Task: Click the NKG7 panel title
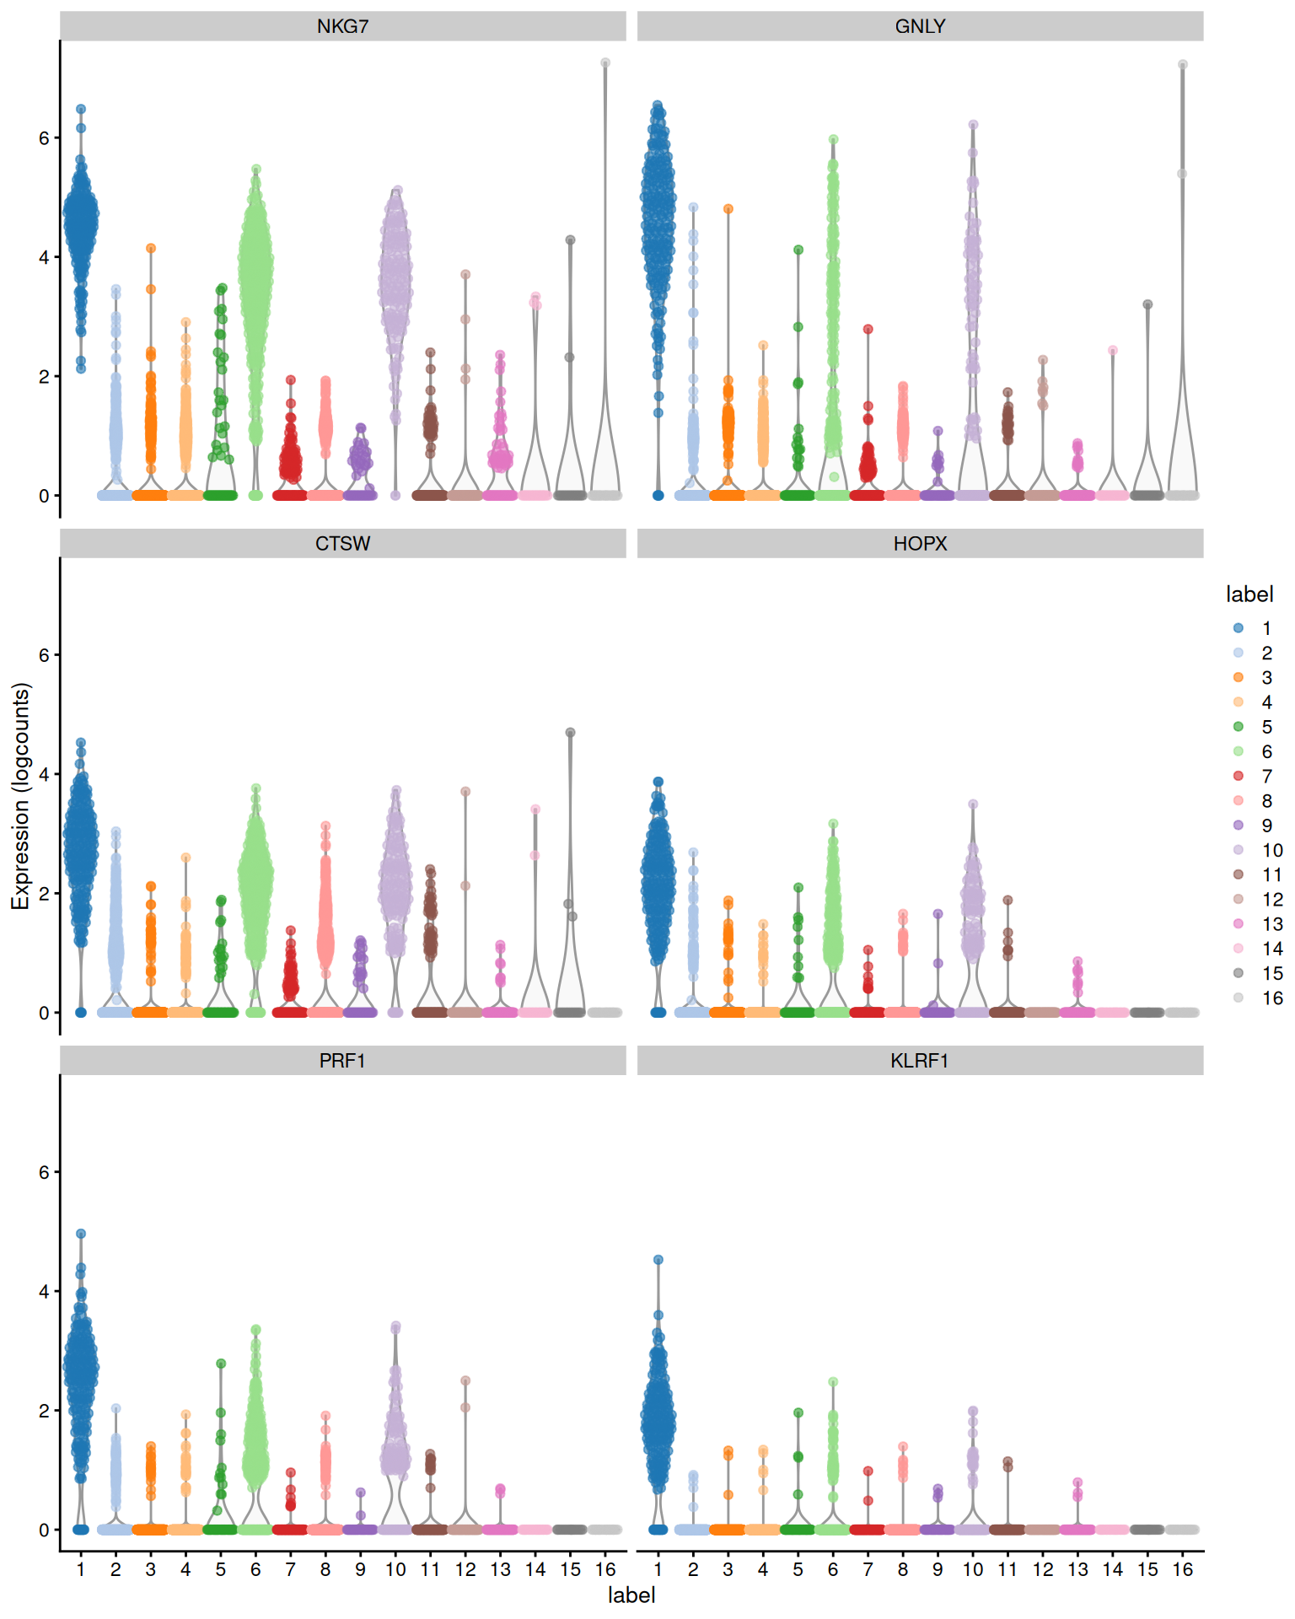click(x=342, y=26)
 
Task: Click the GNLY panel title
click(x=920, y=26)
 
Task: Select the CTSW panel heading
click(x=342, y=544)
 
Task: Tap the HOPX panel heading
click(x=920, y=544)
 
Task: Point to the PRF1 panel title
click(x=342, y=1061)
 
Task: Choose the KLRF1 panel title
click(x=920, y=1061)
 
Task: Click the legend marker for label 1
click(x=1238, y=628)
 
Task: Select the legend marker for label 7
click(x=1238, y=776)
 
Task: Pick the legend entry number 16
click(x=1272, y=998)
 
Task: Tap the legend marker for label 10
click(x=1238, y=850)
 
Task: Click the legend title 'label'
click(x=1249, y=594)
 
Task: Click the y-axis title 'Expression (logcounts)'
click(x=20, y=796)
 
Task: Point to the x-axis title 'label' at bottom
click(x=631, y=1595)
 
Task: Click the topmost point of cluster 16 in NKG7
click(x=605, y=63)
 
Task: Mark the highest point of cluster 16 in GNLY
click(x=1183, y=65)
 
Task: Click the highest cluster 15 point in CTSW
click(x=571, y=733)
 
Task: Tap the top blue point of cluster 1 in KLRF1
click(x=658, y=1260)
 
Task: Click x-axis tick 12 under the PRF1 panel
click(x=465, y=1570)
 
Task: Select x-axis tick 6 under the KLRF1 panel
click(x=833, y=1570)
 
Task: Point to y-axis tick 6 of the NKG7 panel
click(x=44, y=138)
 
